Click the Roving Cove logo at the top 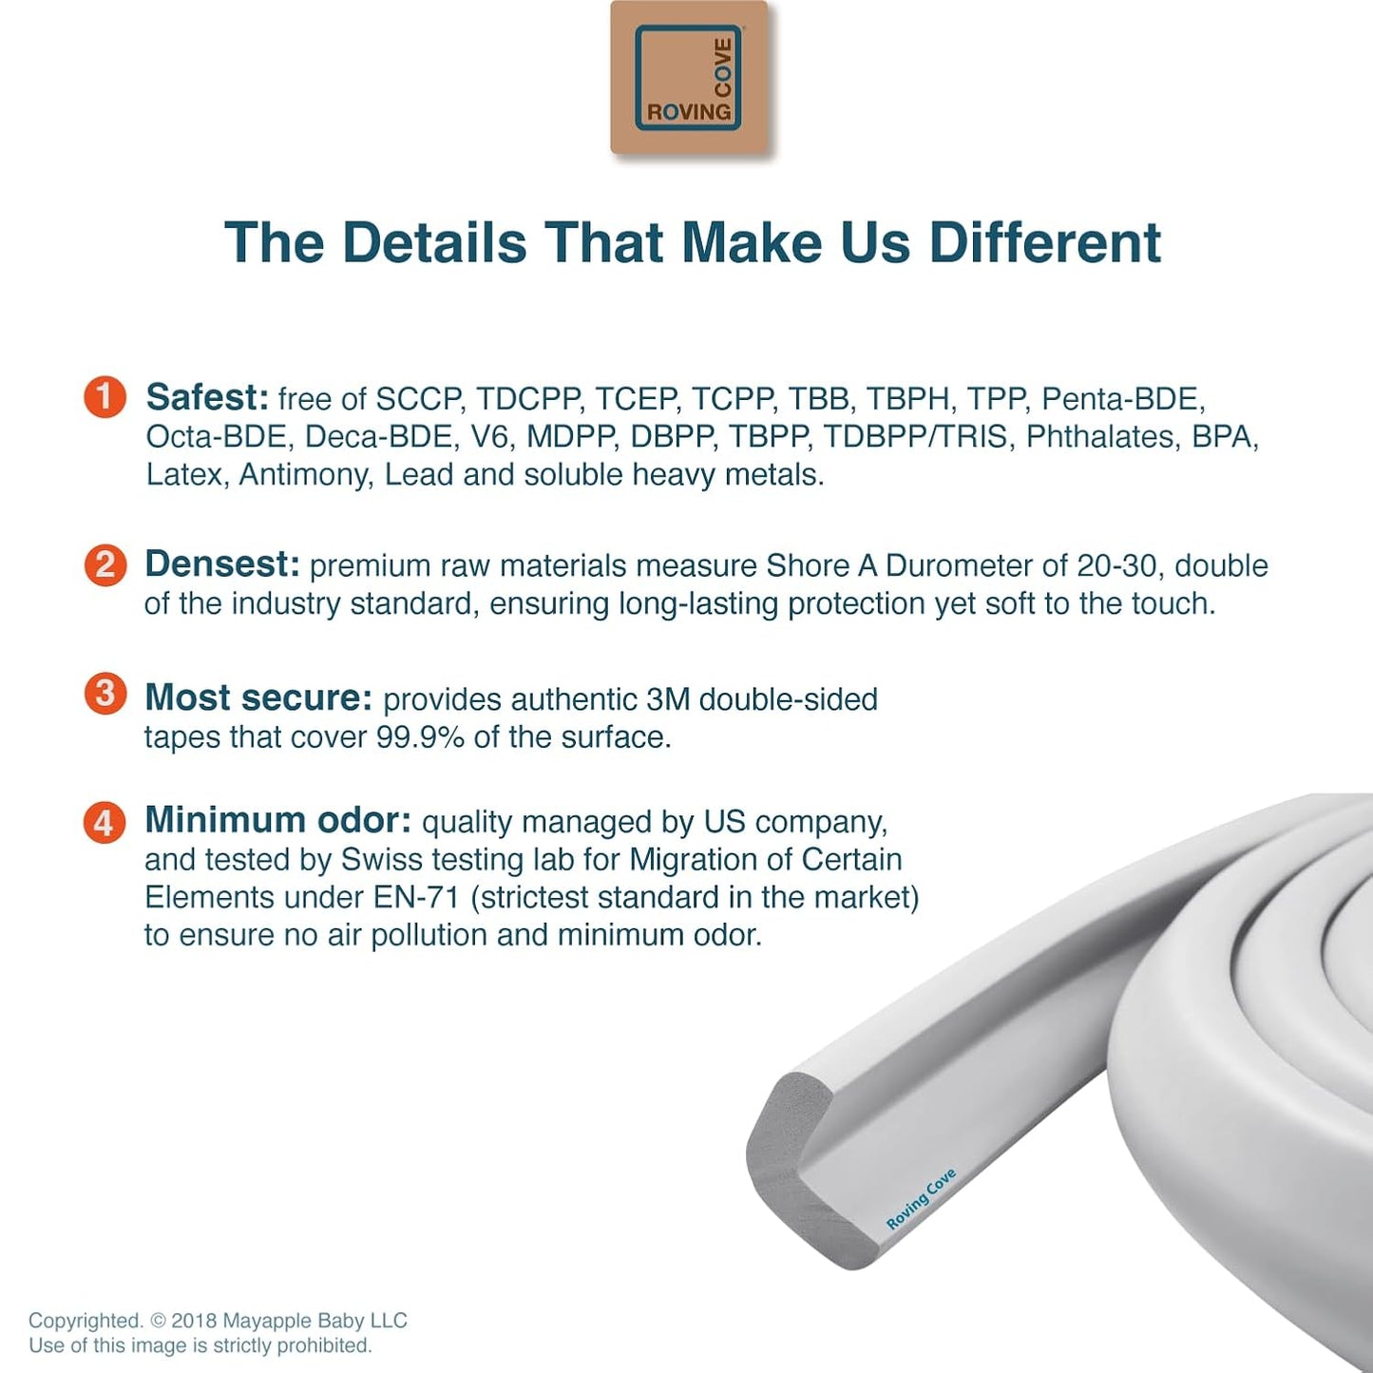pos(688,77)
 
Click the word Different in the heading pos(1045,243)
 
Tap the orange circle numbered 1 pos(105,397)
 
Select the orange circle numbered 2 pos(105,565)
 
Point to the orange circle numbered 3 pos(105,694)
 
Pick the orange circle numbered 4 pos(105,822)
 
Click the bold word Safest pos(207,397)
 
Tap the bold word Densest pos(222,564)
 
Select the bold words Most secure pos(258,697)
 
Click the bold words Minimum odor pos(277,820)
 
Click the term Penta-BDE pos(1124,399)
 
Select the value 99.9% pos(420,737)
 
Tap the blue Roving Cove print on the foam pos(921,1199)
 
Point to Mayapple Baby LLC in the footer pos(315,1321)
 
